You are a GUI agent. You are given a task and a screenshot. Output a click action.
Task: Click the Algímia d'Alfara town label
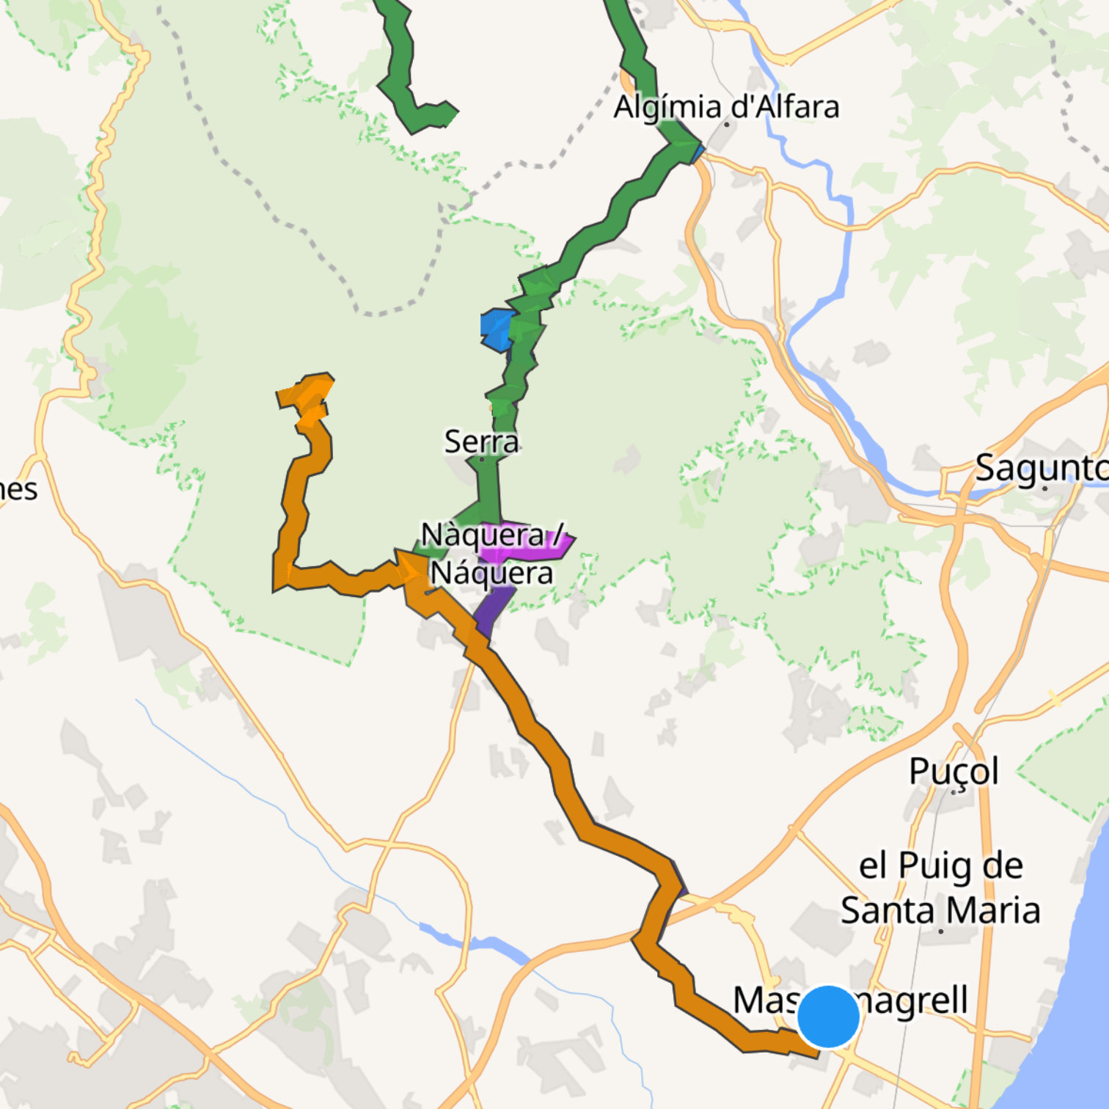726,107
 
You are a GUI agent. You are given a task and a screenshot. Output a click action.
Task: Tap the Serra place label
482,442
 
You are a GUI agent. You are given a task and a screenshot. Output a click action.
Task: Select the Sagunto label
1042,468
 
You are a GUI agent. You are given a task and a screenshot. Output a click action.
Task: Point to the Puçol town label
954,771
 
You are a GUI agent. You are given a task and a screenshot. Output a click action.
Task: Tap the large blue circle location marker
828,1017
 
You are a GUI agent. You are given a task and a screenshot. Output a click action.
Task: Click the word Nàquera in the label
483,535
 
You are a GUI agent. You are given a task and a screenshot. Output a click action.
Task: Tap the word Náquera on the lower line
491,573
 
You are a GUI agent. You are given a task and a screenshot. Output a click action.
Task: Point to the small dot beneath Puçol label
954,792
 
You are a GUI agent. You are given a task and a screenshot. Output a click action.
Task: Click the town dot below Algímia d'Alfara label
727,125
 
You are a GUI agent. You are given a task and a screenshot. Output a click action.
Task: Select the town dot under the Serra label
481,459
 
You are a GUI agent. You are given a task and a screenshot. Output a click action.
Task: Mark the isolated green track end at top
447,114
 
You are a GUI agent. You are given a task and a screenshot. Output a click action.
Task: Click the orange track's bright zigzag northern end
312,396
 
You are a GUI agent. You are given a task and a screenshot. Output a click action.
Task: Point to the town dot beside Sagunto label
1044,488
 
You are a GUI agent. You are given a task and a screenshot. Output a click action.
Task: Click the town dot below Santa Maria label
941,932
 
